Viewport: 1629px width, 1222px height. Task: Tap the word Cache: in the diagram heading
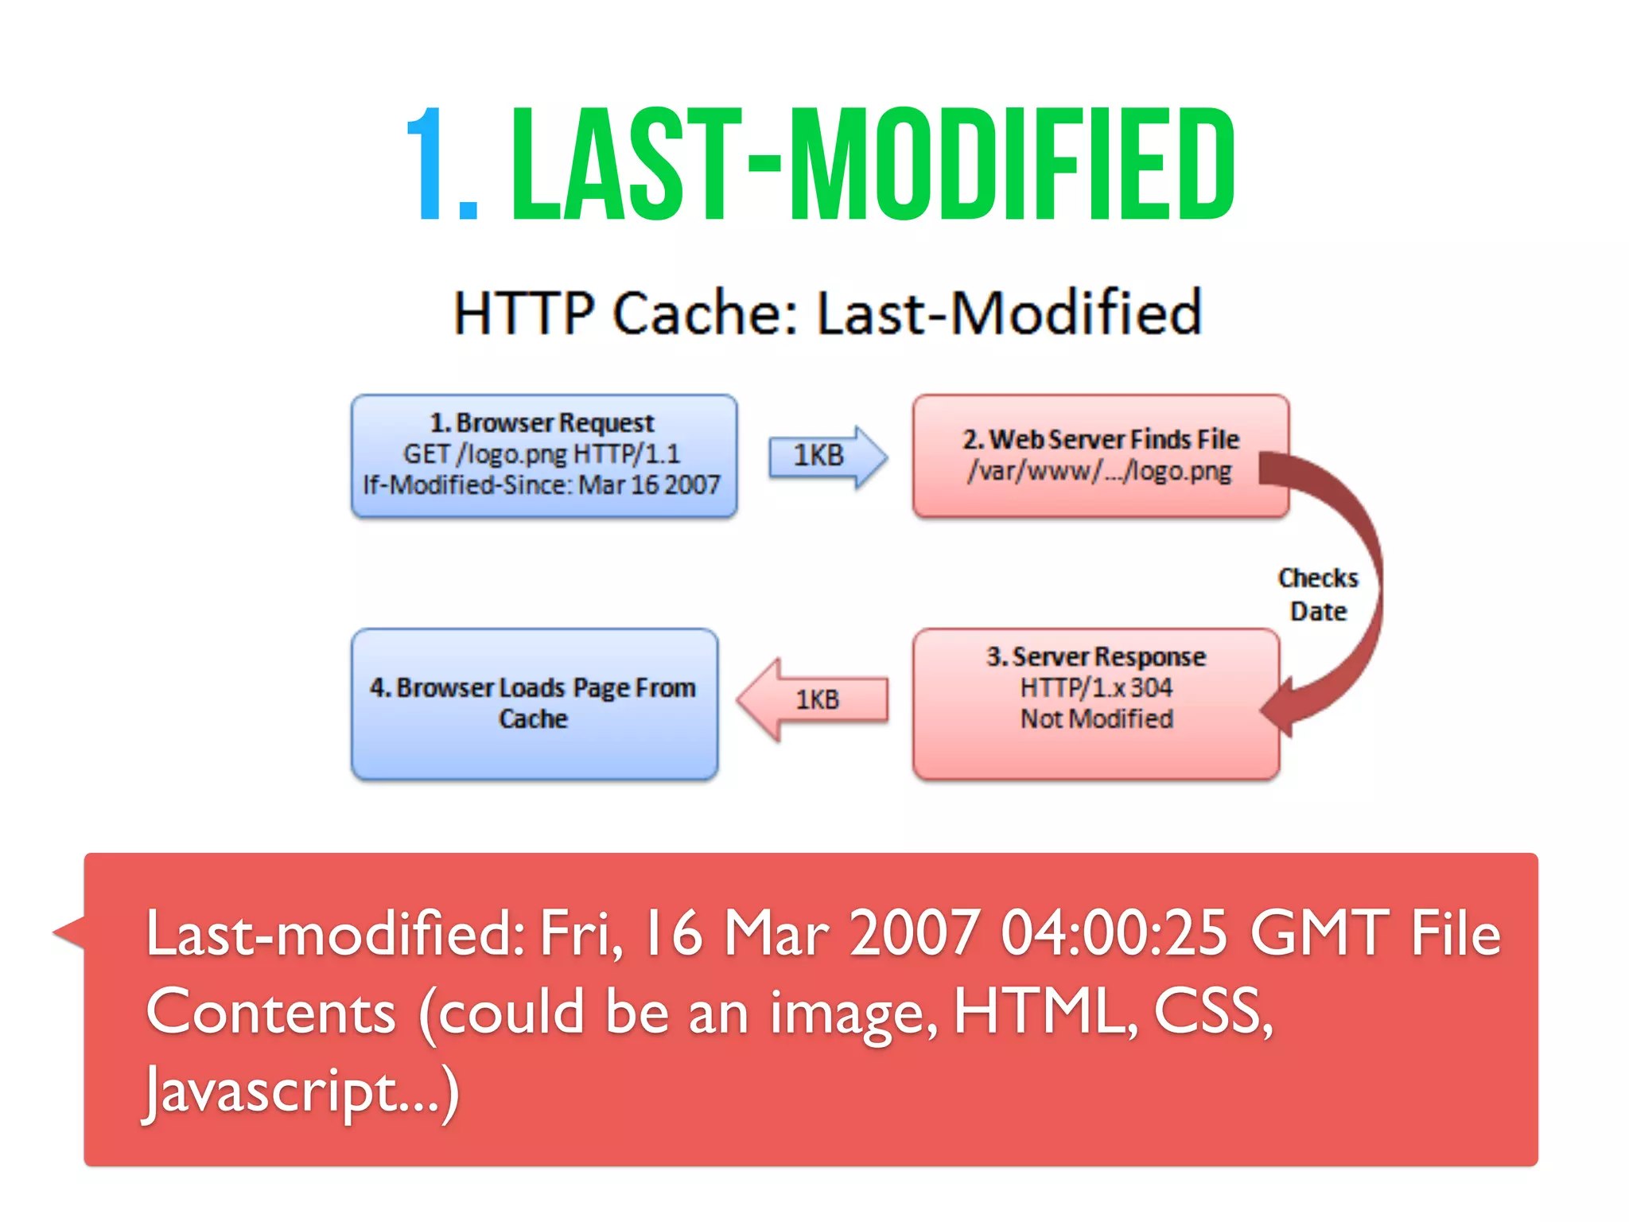point(705,313)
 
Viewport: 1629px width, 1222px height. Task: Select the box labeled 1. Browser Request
point(544,456)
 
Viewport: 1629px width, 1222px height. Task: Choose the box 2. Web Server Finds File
point(1101,456)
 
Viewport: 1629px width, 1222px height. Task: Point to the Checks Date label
point(1318,594)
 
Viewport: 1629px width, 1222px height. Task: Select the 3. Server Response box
point(1096,703)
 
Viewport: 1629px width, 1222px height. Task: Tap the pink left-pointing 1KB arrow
point(813,700)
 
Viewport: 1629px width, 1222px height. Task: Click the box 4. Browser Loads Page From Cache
point(534,703)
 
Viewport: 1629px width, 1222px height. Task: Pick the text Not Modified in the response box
point(1097,719)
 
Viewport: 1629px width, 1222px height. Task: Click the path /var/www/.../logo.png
point(1100,472)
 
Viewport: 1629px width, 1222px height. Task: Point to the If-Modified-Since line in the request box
point(541,485)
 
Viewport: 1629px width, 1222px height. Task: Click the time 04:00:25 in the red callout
point(1114,933)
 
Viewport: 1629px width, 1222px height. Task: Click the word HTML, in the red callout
point(1045,1013)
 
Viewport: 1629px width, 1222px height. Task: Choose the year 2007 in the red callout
point(914,933)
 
